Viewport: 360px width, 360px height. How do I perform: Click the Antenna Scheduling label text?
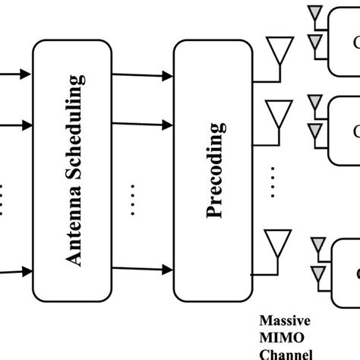coord(74,169)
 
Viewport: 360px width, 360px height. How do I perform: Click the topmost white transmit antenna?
coord(280,52)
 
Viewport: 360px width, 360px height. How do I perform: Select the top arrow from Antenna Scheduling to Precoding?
coord(144,75)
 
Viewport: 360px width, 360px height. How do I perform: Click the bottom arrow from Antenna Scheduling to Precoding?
coord(144,270)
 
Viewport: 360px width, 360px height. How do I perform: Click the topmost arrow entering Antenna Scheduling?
coord(15,74)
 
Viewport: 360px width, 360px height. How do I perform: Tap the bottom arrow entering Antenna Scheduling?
coord(15,270)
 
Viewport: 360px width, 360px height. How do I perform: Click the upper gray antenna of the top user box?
coord(313,14)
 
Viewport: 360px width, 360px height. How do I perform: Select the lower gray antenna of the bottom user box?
coord(317,270)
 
